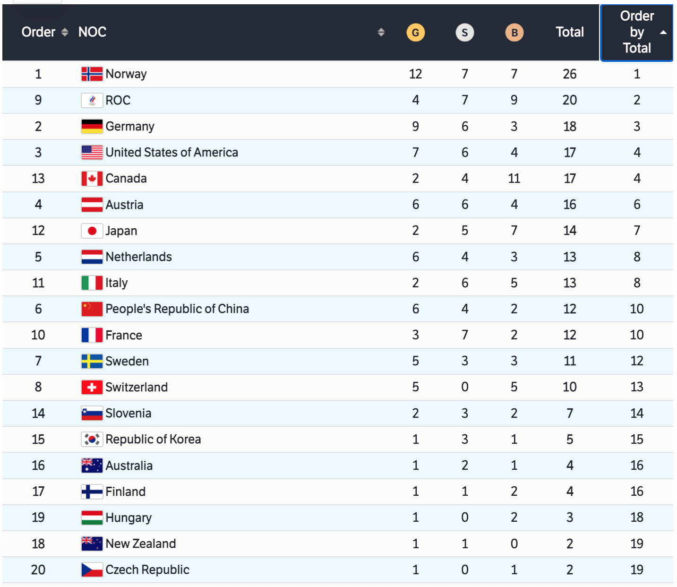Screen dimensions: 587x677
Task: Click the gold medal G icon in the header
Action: click(x=416, y=33)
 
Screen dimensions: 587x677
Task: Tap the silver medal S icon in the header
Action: click(x=465, y=33)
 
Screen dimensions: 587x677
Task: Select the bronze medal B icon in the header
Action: click(x=514, y=33)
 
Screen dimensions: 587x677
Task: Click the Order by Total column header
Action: click(x=636, y=32)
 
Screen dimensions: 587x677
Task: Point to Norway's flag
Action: click(x=92, y=74)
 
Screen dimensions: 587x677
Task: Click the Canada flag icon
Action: click(x=92, y=179)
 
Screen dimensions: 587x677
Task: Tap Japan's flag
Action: click(x=92, y=231)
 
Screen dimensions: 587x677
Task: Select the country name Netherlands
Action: click(x=138, y=257)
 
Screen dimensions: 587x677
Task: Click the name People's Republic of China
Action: click(x=177, y=309)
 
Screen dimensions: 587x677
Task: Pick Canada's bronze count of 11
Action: click(x=514, y=179)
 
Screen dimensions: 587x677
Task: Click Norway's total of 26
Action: click(x=570, y=74)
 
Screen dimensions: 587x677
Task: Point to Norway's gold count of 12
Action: click(x=416, y=74)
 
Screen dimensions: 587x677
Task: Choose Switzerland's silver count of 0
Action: click(x=465, y=387)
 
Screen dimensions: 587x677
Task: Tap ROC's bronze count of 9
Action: click(x=514, y=100)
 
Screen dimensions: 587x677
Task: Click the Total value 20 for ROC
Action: click(x=570, y=100)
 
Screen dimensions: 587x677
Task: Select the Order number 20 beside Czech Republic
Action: click(x=38, y=570)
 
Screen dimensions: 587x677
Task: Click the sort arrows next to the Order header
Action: click(x=65, y=32)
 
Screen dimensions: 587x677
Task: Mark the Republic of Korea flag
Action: click(x=92, y=440)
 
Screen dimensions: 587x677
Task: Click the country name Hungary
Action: click(x=129, y=518)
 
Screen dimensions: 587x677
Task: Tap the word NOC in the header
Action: click(x=92, y=32)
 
